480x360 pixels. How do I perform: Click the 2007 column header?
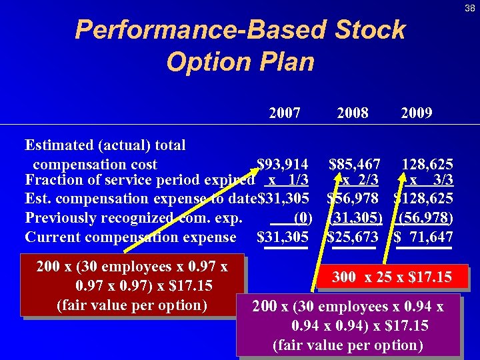click(285, 113)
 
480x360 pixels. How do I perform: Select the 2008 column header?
click(353, 113)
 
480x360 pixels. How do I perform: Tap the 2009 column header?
click(417, 113)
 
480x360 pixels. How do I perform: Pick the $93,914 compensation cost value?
click(283, 164)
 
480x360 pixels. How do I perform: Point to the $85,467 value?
click(355, 164)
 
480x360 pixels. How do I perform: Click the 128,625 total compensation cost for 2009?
click(427, 164)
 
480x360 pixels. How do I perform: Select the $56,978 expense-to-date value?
click(353, 199)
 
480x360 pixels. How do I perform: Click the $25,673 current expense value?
click(353, 237)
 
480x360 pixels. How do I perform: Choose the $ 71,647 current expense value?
click(424, 237)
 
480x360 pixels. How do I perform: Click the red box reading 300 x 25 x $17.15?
click(393, 277)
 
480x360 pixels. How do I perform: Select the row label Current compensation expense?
click(131, 237)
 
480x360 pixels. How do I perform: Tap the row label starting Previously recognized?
click(133, 218)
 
